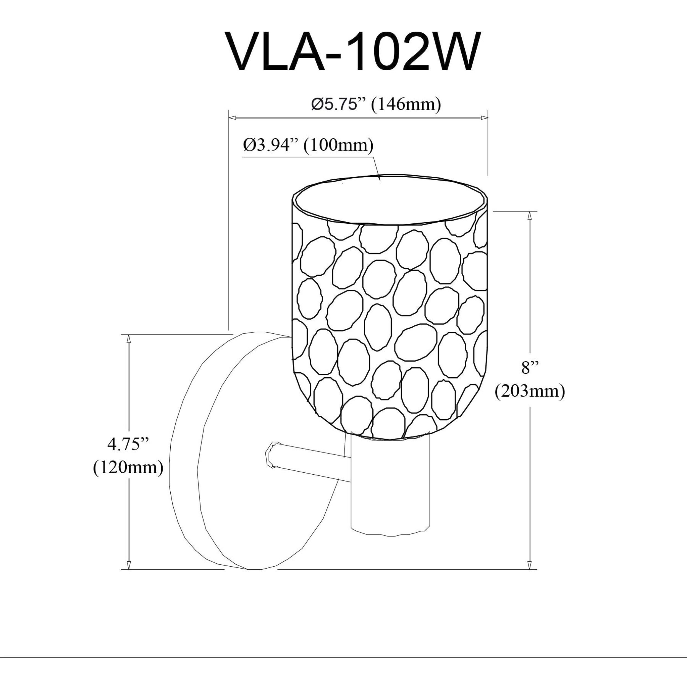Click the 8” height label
(530, 368)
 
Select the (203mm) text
(530, 391)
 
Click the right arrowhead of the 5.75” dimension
(484, 117)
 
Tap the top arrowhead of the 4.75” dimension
(129, 339)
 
